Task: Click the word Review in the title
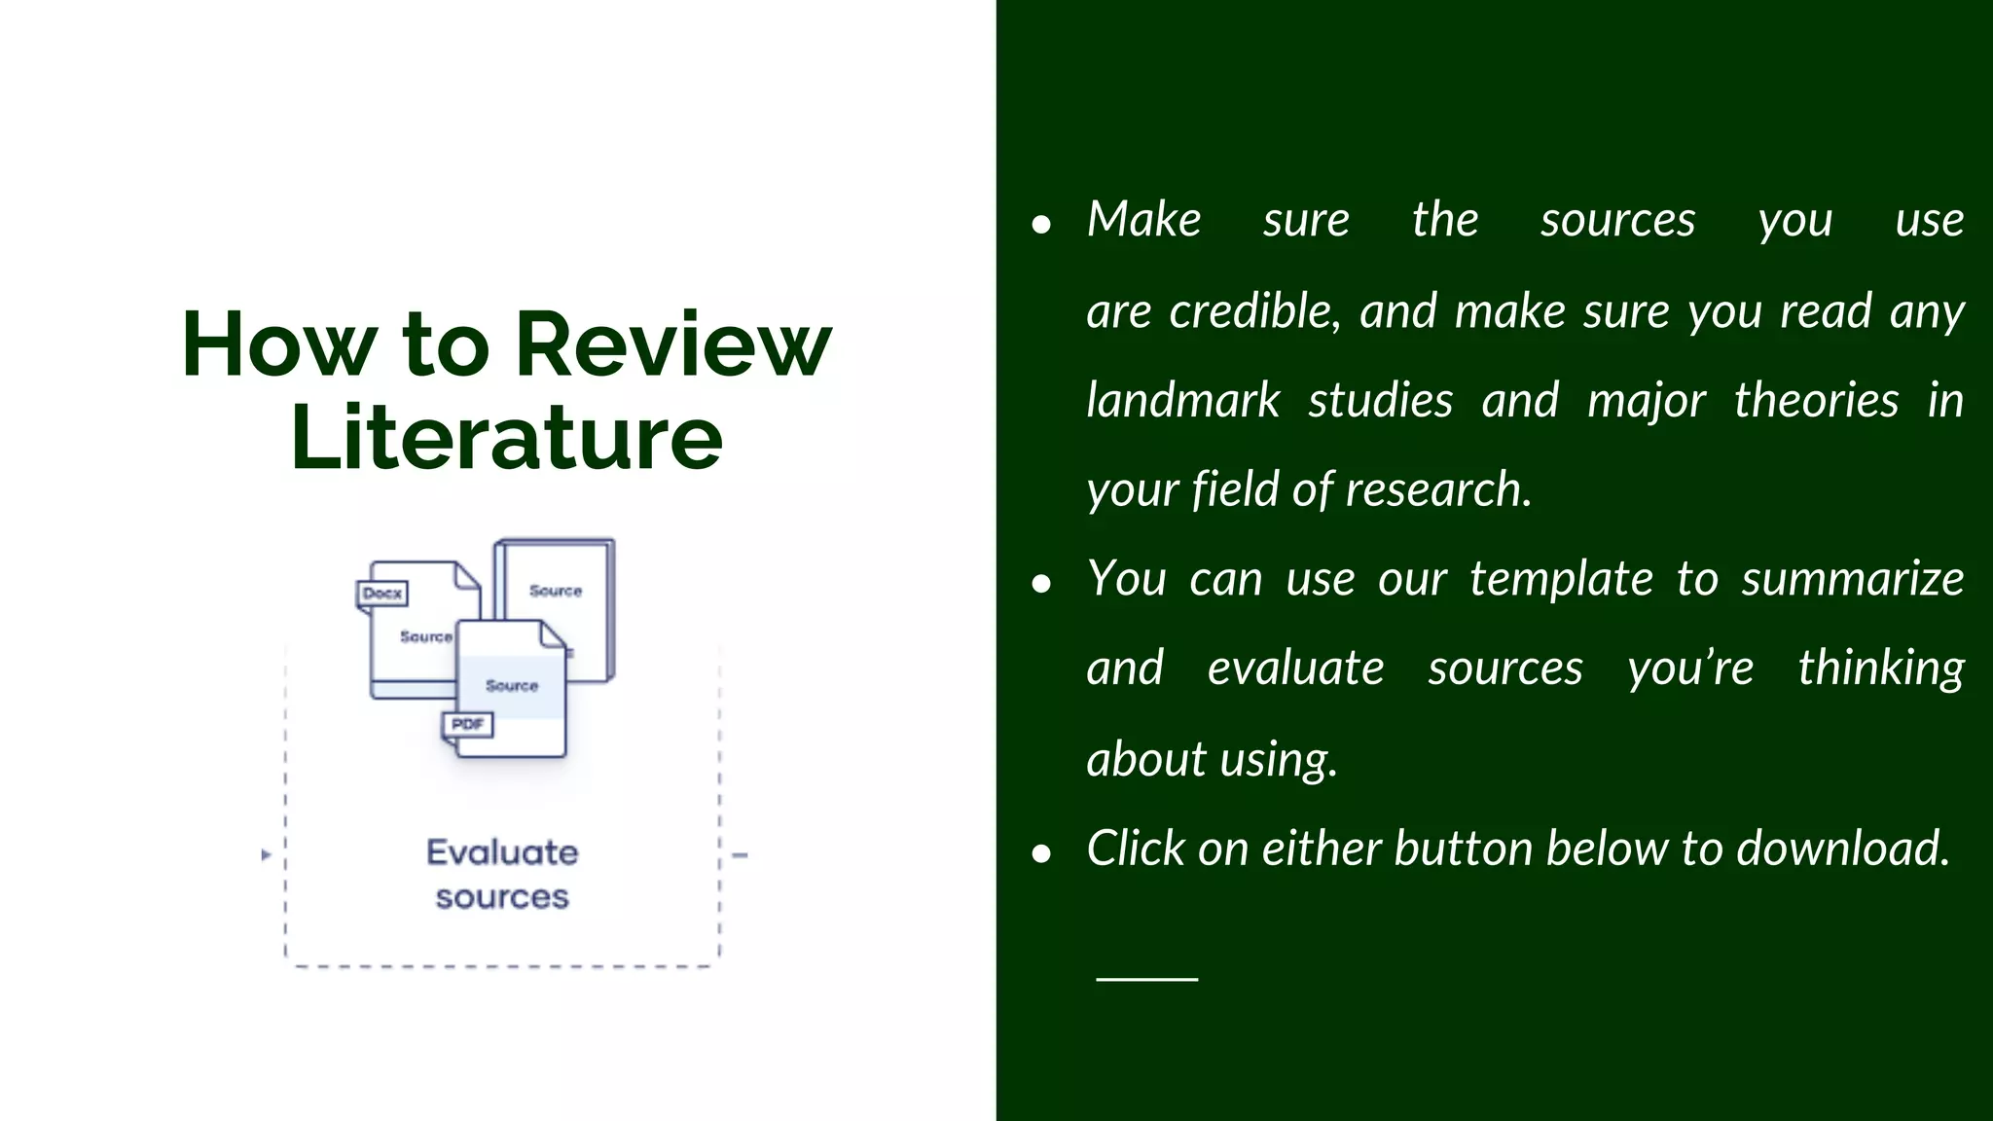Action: [x=672, y=345]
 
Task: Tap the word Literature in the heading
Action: [x=506, y=438]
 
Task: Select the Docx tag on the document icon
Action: [x=382, y=594]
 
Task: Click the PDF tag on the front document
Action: [x=467, y=724]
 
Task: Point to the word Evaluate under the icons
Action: [x=502, y=852]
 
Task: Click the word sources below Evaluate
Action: [x=502, y=897]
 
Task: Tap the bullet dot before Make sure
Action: [x=1041, y=225]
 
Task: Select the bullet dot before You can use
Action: [x=1041, y=584]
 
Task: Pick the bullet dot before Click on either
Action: [x=1041, y=853]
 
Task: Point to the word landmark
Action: [x=1182, y=401]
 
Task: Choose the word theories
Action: [x=1816, y=401]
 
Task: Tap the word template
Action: [x=1561, y=579]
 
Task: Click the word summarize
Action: [x=1852, y=579]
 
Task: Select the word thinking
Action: [x=1880, y=669]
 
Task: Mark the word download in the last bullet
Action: [x=1843, y=849]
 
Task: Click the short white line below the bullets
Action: [x=1146, y=978]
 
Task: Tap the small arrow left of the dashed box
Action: [x=266, y=855]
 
